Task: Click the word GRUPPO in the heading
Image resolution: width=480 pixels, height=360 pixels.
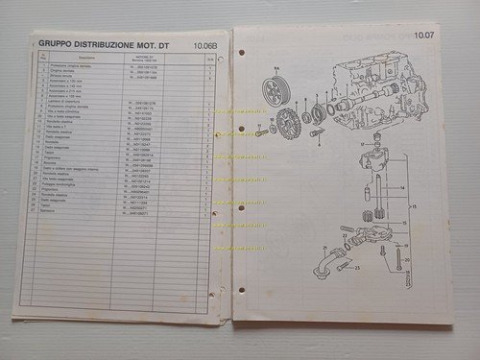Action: pos(55,41)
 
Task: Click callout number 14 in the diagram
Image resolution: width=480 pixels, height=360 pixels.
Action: pos(401,188)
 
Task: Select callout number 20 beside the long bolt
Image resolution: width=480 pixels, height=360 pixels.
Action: pos(408,259)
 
